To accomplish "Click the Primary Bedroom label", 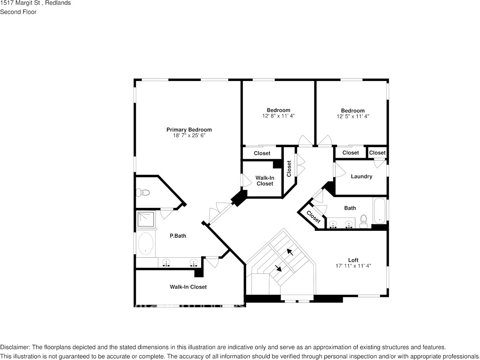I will tap(189, 130).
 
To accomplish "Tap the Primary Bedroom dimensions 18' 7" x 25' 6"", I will tap(189, 135).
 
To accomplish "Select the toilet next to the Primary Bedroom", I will tap(143, 193).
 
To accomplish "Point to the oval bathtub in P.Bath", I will tap(145, 243).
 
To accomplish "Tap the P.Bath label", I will tap(178, 236).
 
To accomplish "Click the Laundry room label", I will tap(361, 176).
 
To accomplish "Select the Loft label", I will tap(353, 260).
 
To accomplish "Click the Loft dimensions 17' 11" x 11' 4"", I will tap(353, 266).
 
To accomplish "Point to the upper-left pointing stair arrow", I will tap(290, 252).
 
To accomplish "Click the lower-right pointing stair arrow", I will tap(278, 268).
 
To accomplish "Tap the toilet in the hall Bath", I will tap(364, 220).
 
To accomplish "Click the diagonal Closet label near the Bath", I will tap(313, 217).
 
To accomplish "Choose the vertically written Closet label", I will tap(289, 168).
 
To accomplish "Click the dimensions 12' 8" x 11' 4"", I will tap(278, 116).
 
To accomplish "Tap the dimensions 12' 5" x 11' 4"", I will tap(353, 116).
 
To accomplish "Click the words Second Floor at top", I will tap(18, 12).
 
